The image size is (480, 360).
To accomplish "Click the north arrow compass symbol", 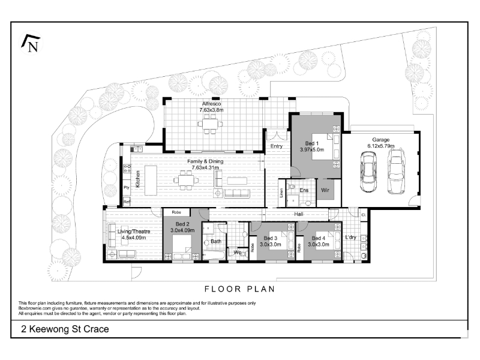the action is pyautogui.click(x=31, y=43).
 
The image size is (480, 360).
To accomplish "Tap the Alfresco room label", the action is pyautogui.click(x=211, y=104).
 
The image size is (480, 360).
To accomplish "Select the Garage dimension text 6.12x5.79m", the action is pyautogui.click(x=381, y=146).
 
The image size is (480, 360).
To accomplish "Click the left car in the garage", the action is pyautogui.click(x=368, y=172).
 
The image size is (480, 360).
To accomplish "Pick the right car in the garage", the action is pyautogui.click(x=397, y=171).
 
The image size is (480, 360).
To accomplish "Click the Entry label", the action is pyautogui.click(x=277, y=146).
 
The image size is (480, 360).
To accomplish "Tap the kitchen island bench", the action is pyautogui.click(x=151, y=181).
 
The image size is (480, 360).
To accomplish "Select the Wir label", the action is pyautogui.click(x=325, y=190).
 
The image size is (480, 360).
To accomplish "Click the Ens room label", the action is pyautogui.click(x=304, y=190).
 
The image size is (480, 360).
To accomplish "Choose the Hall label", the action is pyautogui.click(x=299, y=214).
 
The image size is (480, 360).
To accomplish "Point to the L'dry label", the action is pyautogui.click(x=351, y=237).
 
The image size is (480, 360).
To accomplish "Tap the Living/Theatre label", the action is pyautogui.click(x=134, y=232).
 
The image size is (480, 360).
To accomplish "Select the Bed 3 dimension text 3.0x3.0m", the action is pyautogui.click(x=271, y=244).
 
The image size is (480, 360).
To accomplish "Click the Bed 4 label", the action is pyautogui.click(x=319, y=238).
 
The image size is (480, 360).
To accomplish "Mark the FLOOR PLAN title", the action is pyautogui.click(x=239, y=289).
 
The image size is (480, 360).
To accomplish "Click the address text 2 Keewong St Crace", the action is pyautogui.click(x=65, y=329).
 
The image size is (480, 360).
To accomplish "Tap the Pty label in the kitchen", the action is pyautogui.click(x=127, y=188).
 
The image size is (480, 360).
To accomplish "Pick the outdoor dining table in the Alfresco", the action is pyautogui.click(x=211, y=124).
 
